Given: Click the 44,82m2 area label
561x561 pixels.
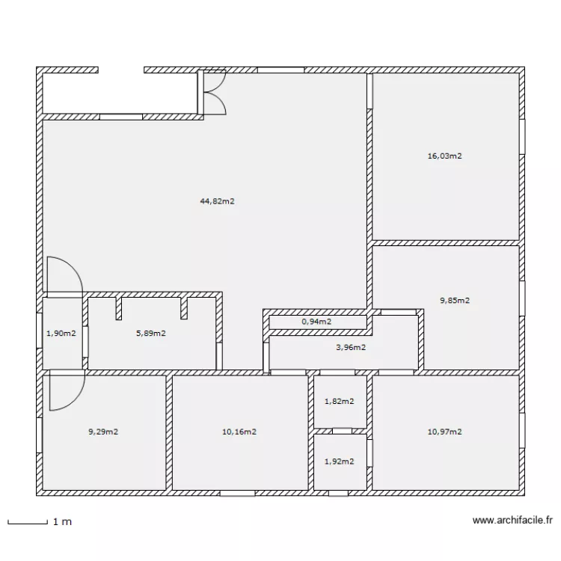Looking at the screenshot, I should pos(218,200).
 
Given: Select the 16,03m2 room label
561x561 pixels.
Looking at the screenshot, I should pos(444,156).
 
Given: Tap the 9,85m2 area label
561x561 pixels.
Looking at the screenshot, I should pos(455,301).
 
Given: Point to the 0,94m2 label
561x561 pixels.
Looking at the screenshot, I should pos(316,322).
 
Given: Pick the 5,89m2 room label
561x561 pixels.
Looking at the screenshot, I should pos(150,334).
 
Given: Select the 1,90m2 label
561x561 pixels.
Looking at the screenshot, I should pos(61,334).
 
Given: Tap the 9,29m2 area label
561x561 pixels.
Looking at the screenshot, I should pos(103,432).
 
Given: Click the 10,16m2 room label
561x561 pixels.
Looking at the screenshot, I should pos(239,432).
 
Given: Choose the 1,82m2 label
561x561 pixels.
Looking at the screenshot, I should pos(339,402).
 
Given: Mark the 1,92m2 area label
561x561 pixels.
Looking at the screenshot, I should pos(339,462).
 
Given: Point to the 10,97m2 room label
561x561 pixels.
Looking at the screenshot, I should pos(444,432).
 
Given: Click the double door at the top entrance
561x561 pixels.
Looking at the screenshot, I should pos(213,93).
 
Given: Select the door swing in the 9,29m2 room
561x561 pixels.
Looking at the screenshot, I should pos(66,393).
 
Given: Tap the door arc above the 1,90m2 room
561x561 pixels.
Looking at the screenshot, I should pos(64,275).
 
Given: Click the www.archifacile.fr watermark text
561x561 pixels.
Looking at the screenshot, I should pos(513,521).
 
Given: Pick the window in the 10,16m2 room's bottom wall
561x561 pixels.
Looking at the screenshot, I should pos(237,493).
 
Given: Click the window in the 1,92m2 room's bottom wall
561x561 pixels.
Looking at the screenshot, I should pos(338,493).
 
